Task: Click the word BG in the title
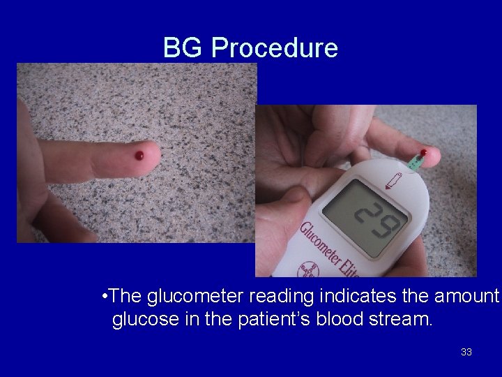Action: point(183,48)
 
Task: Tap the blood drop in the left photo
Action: point(139,155)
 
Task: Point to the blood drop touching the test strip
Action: point(424,152)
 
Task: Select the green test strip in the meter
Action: point(416,162)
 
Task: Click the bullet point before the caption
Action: point(103,296)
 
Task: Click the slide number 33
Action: point(466,352)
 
